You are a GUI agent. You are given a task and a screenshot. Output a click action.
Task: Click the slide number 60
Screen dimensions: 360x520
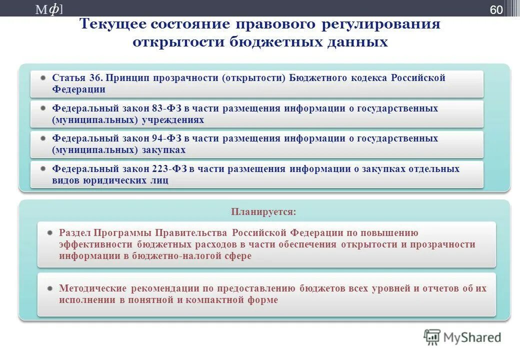[x=496, y=10]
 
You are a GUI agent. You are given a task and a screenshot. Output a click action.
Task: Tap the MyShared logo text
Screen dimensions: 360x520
[x=472, y=337]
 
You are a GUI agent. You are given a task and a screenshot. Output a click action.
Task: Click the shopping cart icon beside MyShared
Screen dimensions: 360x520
[x=432, y=337]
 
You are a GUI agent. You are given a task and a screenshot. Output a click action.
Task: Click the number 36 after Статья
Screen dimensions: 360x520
[x=95, y=78]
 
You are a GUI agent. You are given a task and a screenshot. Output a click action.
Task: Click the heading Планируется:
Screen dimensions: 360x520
[x=263, y=212]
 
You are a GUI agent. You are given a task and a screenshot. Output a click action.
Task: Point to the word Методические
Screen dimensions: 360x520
[x=92, y=288]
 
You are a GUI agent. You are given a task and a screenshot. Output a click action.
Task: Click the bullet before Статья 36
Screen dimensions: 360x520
[x=44, y=78]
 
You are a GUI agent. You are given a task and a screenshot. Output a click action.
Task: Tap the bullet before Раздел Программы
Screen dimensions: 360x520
[x=50, y=233]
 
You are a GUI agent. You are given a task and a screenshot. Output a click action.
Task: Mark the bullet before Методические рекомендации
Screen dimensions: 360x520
[x=50, y=288]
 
